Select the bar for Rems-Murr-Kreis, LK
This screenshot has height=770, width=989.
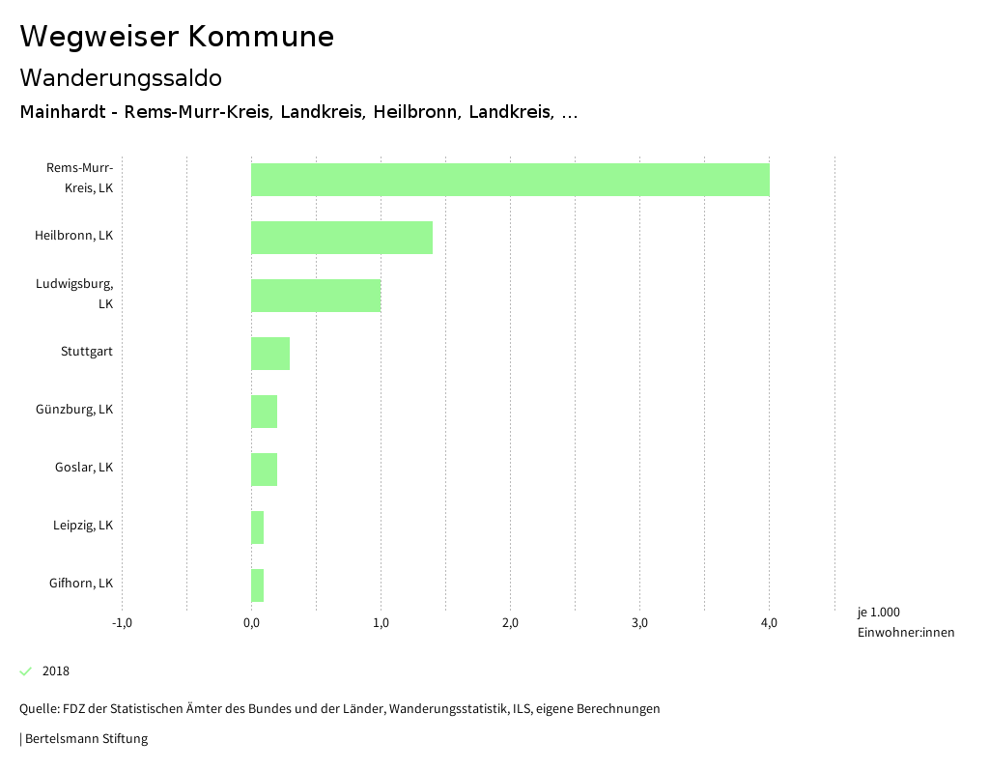510,180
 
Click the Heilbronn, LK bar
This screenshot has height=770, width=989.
342,238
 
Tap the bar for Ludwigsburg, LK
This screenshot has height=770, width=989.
316,296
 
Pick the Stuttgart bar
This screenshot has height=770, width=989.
270,354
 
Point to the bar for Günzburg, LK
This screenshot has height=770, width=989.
264,412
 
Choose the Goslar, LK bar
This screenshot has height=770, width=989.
264,470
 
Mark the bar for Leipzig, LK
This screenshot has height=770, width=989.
258,528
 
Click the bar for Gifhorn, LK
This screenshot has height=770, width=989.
258,585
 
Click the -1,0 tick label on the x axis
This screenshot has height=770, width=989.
122,622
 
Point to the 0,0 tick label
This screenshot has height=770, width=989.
251,622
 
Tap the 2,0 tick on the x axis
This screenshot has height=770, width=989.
510,622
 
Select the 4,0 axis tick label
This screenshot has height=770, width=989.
769,622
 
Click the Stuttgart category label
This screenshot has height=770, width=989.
86,352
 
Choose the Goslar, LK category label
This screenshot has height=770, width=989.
84,468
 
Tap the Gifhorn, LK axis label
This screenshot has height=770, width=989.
81,584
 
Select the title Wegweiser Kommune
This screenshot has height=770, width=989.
177,37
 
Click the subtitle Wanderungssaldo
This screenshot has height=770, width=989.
121,77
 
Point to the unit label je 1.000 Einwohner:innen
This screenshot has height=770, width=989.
905,622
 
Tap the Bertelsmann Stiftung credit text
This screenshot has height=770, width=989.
85,739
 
